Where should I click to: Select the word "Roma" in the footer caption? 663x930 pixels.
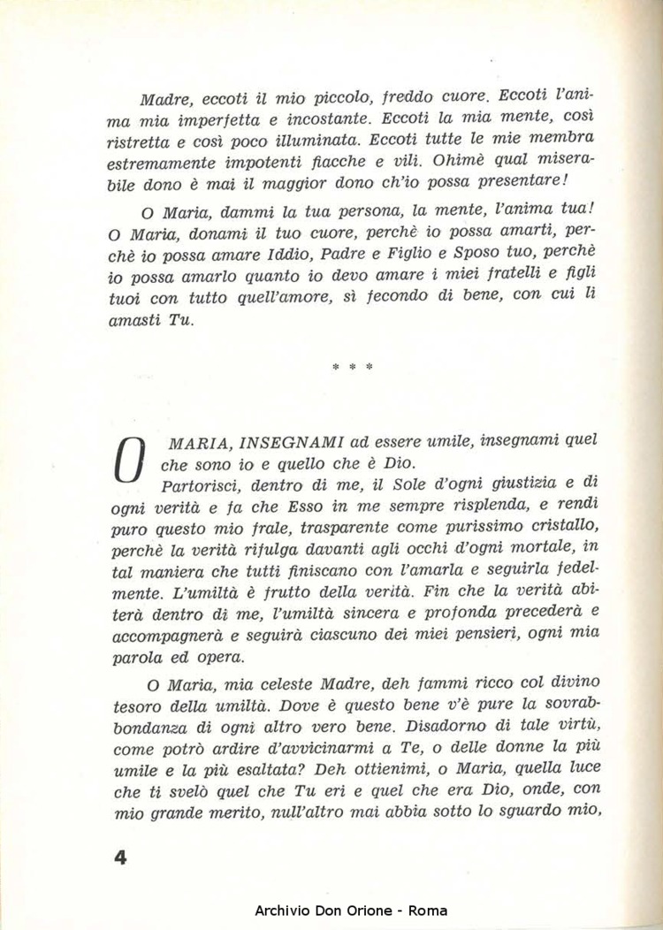tap(428, 911)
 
